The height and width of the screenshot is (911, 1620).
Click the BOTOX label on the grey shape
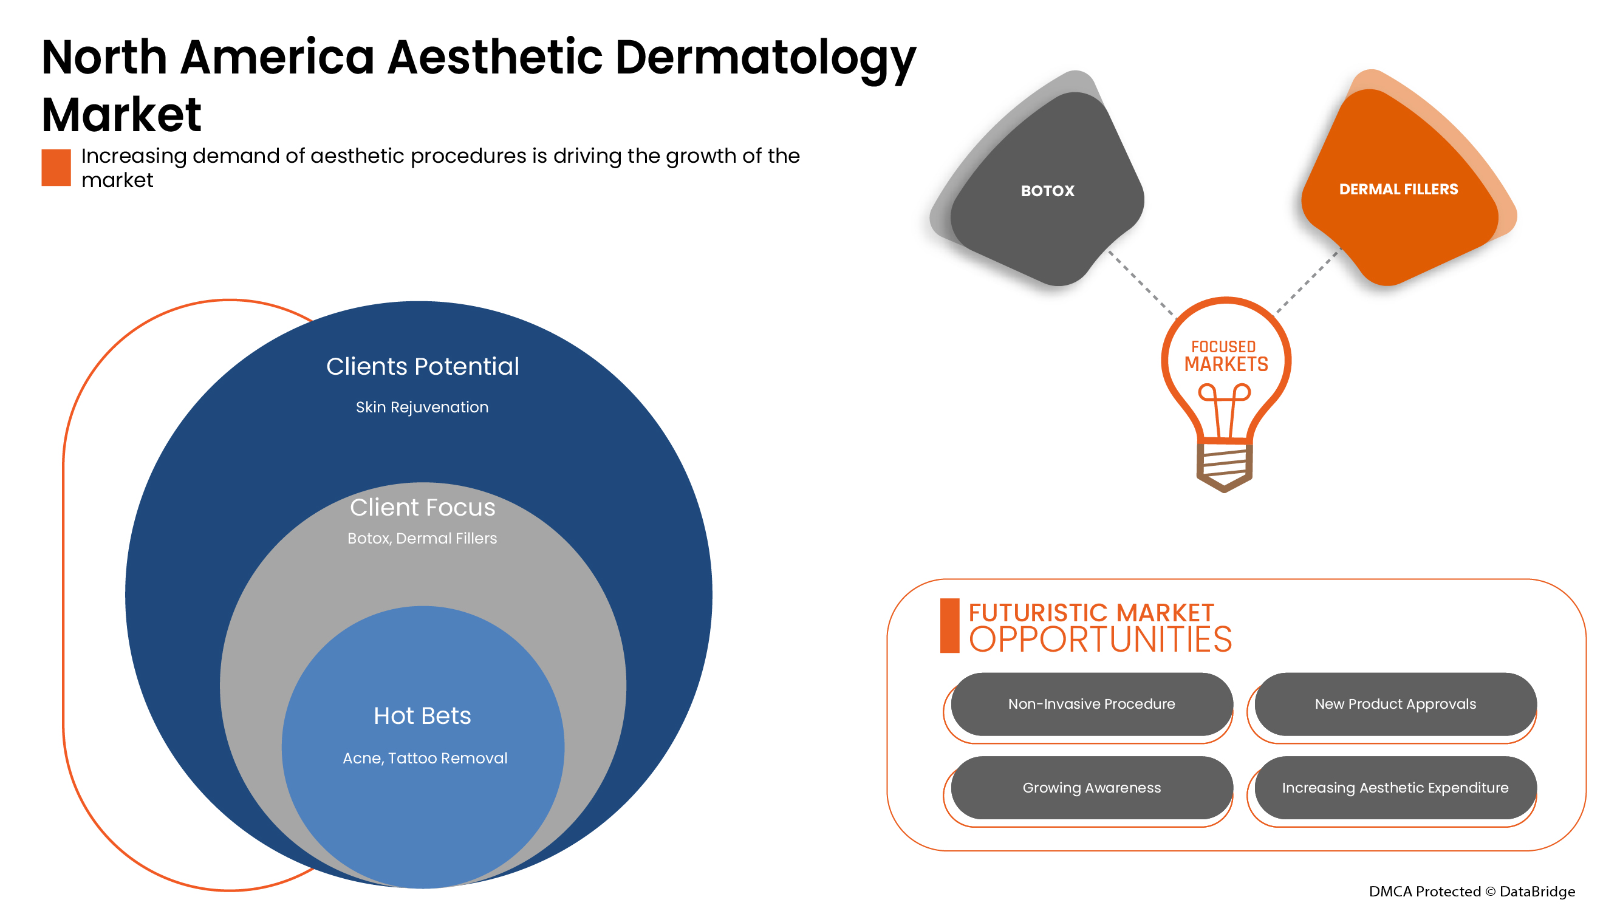point(1047,191)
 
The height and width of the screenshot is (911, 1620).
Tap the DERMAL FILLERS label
point(1398,189)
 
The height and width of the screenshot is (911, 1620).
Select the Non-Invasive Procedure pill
point(1091,703)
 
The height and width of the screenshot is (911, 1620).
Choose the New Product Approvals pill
point(1395,703)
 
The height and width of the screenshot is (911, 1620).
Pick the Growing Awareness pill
point(1091,787)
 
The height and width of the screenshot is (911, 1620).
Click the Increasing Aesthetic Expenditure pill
point(1395,787)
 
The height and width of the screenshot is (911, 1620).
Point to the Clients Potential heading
point(423,367)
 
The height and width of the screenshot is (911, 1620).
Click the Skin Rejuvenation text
point(422,408)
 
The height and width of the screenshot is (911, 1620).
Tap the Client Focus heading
point(423,507)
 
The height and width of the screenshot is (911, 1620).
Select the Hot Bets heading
point(422,715)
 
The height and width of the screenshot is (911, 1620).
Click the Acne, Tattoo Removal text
point(425,758)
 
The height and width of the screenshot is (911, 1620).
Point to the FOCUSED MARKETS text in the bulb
point(1226,357)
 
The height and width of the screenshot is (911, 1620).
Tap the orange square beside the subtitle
point(56,167)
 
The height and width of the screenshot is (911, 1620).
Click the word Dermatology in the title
point(765,58)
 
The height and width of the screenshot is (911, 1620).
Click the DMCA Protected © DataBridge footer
point(1472,891)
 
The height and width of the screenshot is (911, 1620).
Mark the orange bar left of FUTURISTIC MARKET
point(949,626)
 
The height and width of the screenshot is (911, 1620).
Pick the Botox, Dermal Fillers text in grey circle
point(422,538)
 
